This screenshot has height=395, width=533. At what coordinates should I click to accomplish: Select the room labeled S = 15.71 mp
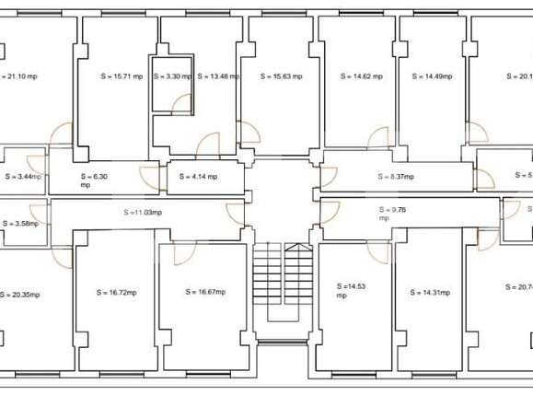(x=121, y=76)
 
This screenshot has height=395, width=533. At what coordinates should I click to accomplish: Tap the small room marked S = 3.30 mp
(x=172, y=76)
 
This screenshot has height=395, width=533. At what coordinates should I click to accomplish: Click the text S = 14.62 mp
(x=359, y=76)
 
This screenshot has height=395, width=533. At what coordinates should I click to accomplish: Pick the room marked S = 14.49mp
(x=432, y=76)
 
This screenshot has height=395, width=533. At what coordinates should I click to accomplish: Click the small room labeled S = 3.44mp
(x=23, y=176)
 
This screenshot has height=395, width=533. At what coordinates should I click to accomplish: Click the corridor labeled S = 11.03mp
(x=142, y=212)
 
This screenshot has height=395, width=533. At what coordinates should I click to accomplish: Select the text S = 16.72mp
(x=116, y=293)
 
